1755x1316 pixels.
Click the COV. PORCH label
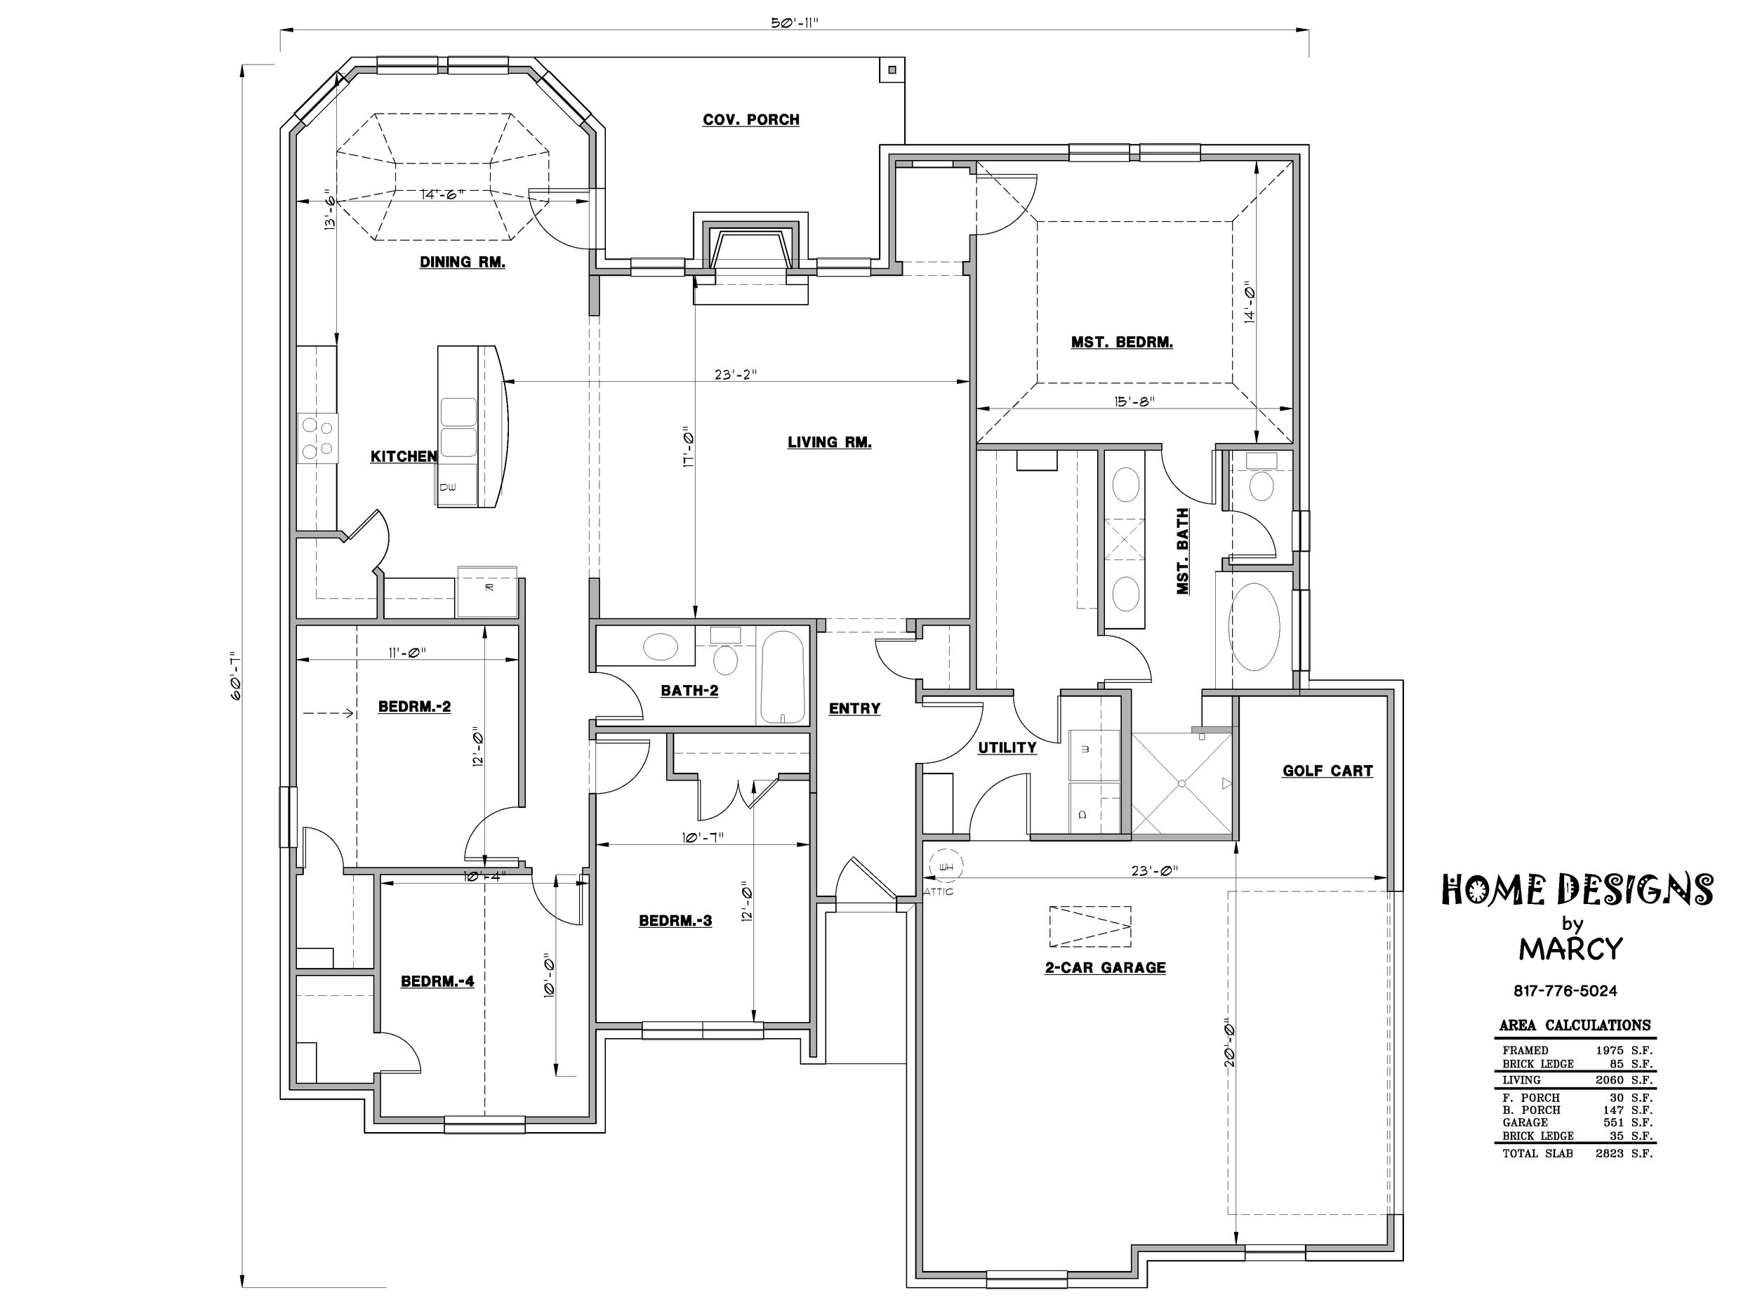coord(750,120)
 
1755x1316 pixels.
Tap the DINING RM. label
coord(463,262)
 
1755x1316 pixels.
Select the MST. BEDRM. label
coord(1122,343)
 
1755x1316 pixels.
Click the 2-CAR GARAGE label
coord(1105,967)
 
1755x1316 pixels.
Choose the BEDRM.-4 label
coord(437,981)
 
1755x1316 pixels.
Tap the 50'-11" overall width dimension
coord(794,23)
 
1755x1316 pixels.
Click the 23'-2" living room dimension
coord(736,374)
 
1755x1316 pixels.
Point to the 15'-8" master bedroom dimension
coord(1133,401)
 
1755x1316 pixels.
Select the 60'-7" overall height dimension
coord(235,675)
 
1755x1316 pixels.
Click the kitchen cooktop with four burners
coord(317,439)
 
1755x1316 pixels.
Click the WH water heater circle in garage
coord(946,867)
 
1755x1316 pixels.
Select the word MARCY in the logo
coord(1571,949)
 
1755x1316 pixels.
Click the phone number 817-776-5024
coord(1565,991)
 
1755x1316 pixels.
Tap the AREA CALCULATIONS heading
coord(1575,1025)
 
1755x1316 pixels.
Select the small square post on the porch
coord(892,69)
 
